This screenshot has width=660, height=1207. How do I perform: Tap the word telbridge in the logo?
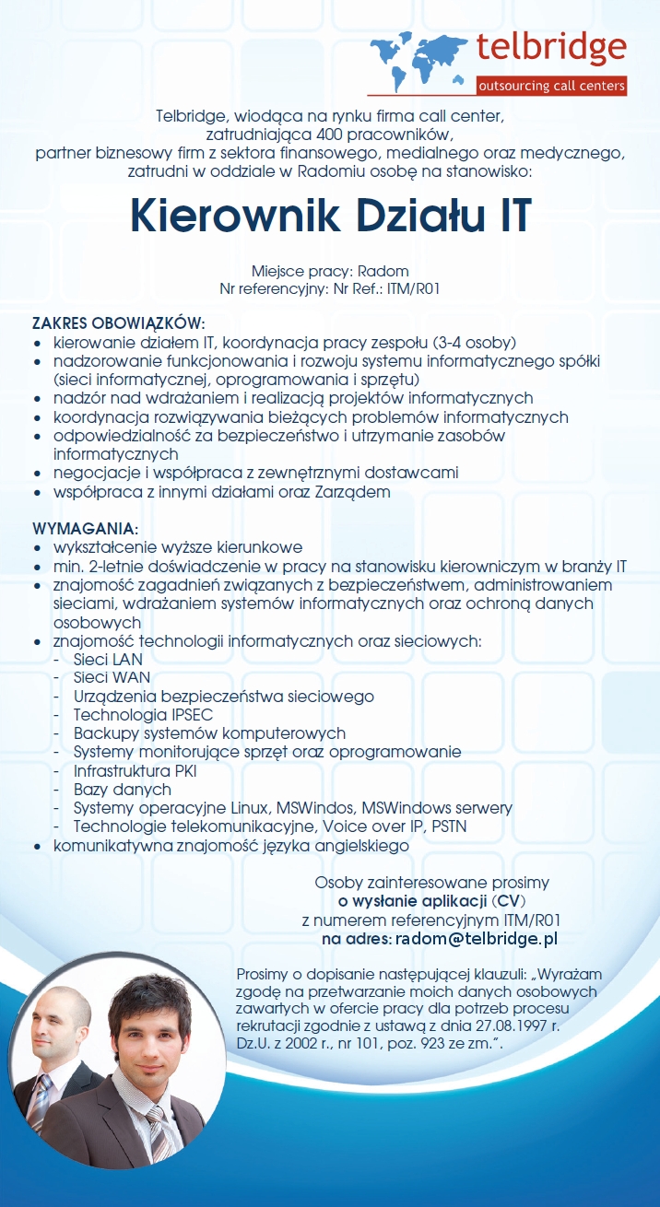tap(551, 46)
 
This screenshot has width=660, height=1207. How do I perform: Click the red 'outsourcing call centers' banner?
tap(551, 87)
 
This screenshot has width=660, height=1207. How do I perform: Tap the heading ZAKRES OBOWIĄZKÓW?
tap(118, 324)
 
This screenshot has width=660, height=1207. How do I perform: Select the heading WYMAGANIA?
tap(85, 529)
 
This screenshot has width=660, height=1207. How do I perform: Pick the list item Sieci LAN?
tap(108, 660)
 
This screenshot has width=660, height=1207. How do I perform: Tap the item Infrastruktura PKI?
tap(135, 770)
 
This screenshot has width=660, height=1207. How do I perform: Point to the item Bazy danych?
tap(123, 790)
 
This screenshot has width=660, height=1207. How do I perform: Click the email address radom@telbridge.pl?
tap(477, 939)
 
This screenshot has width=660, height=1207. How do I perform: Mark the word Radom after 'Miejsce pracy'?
tap(383, 271)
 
